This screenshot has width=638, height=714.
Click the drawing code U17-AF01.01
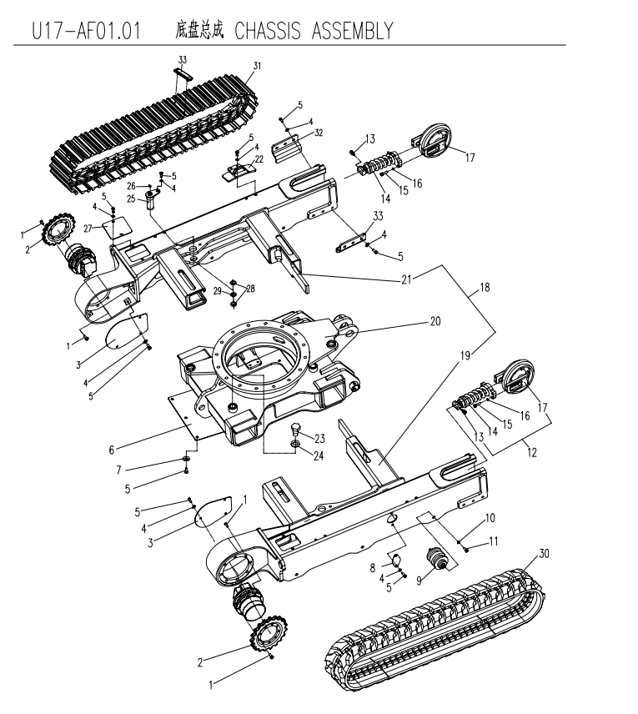pos(86,31)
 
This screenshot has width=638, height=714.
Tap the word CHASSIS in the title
pos(268,31)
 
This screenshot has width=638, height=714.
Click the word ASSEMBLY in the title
pos(352,31)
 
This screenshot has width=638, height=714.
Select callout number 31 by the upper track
pos(257,66)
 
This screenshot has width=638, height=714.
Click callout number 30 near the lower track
pos(545,554)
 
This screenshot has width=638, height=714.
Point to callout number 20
pos(435,321)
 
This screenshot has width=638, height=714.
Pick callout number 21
pos(406,279)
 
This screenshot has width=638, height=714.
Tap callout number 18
pos(485,287)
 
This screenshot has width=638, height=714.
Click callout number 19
pos(465,355)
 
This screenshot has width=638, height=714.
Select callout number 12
pos(532,452)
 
